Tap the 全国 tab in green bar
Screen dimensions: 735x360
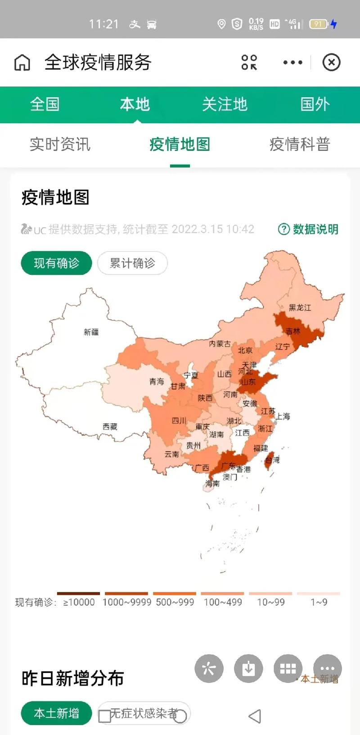click(x=45, y=104)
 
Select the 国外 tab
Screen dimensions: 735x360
click(x=315, y=104)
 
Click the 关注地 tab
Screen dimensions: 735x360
click(x=225, y=104)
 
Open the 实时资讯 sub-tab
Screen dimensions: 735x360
click(x=60, y=144)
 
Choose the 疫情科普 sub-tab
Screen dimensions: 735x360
click(x=300, y=144)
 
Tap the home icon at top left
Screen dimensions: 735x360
click(x=22, y=63)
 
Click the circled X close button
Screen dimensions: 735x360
click(x=331, y=63)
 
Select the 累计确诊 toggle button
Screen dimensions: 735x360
click(x=132, y=263)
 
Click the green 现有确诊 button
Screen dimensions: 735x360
click(x=56, y=263)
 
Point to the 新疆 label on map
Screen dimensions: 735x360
click(x=91, y=332)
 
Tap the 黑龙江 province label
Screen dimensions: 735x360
click(x=300, y=308)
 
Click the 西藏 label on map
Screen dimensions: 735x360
click(x=110, y=426)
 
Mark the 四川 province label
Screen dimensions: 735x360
click(x=179, y=421)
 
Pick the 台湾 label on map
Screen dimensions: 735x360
click(x=272, y=460)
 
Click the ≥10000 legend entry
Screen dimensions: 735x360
click(x=79, y=601)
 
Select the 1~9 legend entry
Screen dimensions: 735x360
click(x=319, y=601)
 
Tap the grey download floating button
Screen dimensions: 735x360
click(x=248, y=668)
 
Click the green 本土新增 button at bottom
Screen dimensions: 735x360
click(x=56, y=713)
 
